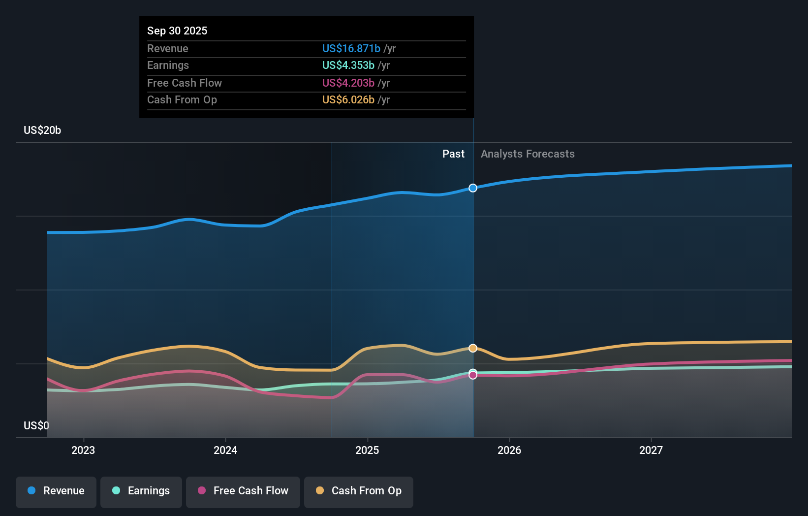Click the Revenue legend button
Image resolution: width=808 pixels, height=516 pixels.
tap(56, 491)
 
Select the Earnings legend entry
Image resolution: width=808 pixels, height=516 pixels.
tap(141, 491)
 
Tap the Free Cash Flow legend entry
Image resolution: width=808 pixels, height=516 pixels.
tap(243, 491)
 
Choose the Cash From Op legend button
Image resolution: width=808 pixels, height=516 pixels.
tap(359, 491)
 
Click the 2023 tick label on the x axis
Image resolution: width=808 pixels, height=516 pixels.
tap(83, 451)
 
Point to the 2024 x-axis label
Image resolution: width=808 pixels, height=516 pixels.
tap(225, 451)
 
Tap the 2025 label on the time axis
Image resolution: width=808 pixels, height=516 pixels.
tap(367, 451)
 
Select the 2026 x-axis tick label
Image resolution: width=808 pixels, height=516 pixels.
tap(509, 451)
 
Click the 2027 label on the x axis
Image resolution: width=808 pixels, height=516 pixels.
tap(651, 451)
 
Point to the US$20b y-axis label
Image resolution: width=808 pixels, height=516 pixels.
tap(42, 130)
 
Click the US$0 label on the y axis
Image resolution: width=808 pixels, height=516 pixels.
tap(36, 426)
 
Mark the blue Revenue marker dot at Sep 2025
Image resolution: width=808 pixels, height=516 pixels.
tap(473, 188)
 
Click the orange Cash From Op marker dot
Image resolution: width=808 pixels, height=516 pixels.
tap(473, 348)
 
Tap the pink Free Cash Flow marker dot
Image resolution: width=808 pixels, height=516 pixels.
tap(473, 376)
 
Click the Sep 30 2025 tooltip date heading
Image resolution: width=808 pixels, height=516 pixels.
tap(177, 31)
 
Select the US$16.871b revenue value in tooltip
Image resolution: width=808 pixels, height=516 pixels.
tap(351, 49)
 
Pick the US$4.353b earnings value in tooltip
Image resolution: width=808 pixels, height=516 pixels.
tap(348, 65)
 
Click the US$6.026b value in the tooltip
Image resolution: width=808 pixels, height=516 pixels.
tap(348, 100)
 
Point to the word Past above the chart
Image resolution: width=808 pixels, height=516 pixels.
tap(453, 154)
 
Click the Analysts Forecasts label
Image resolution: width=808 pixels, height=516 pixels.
tap(528, 154)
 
